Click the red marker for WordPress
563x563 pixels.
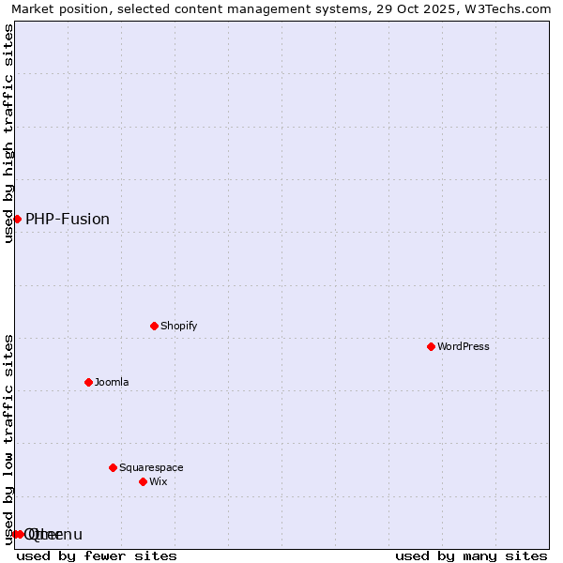pyautogui.click(x=431, y=346)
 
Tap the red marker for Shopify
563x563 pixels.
pyautogui.click(x=154, y=326)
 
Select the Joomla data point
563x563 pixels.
pyautogui.click(x=88, y=382)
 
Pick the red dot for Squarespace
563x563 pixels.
pyautogui.click(x=113, y=467)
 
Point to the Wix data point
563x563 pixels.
pyautogui.click(x=143, y=481)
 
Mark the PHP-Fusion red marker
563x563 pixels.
pyautogui.click(x=17, y=219)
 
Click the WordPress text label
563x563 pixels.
pyautogui.click(x=464, y=346)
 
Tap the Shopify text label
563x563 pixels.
pyautogui.click(x=178, y=326)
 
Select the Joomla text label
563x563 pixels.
pyautogui.click(x=112, y=382)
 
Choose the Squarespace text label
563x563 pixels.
pyautogui.click(x=151, y=467)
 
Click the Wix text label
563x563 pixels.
pyautogui.click(x=158, y=481)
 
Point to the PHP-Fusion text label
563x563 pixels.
pyautogui.click(x=68, y=219)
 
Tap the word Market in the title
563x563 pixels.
pyautogui.click(x=34, y=9)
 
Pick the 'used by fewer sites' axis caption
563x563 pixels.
pyautogui.click(x=97, y=555)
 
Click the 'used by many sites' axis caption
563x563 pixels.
pyautogui.click(x=471, y=555)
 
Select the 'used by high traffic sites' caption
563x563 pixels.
pyautogui.click(x=8, y=133)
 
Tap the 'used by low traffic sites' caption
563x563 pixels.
pyautogui.click(x=8, y=438)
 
